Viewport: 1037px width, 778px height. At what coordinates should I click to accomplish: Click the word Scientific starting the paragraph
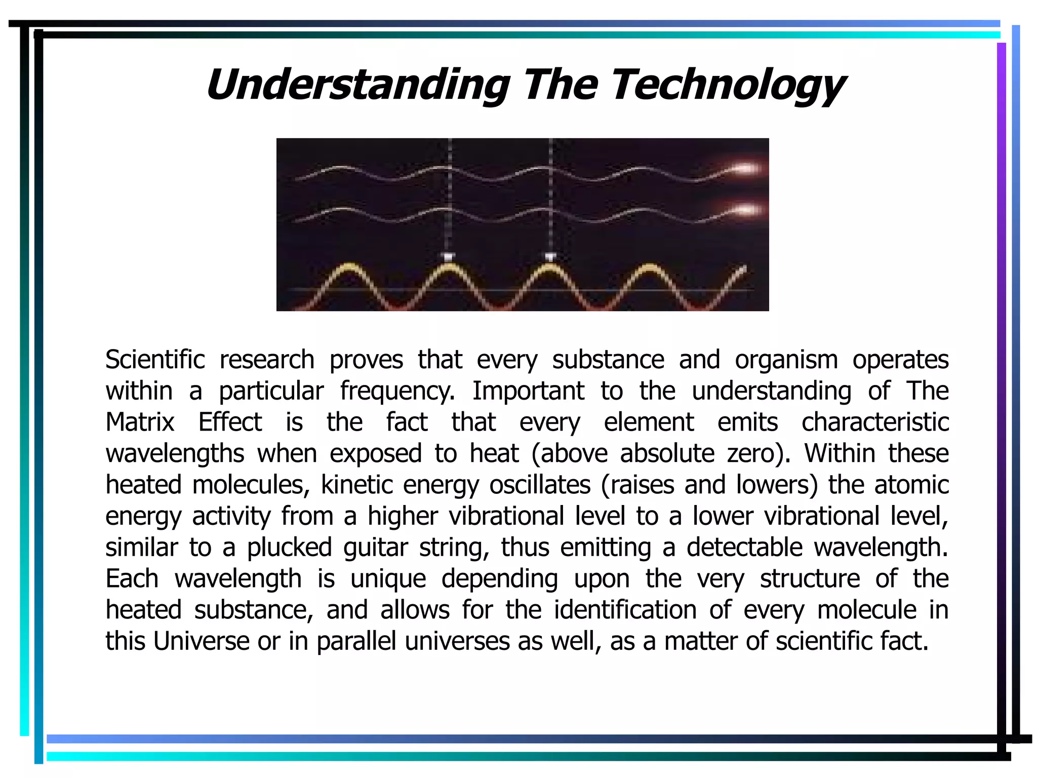tap(155, 360)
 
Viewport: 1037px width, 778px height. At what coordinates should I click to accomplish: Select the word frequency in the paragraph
tap(397, 392)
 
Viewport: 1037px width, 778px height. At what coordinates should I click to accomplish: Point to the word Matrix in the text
tap(140, 422)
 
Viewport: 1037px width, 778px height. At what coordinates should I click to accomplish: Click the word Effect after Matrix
tap(230, 422)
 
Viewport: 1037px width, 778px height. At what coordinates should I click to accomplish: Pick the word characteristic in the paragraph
tap(874, 422)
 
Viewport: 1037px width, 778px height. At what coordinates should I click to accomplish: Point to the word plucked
tap(289, 548)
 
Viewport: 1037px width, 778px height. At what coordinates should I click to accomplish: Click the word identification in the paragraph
tap(625, 610)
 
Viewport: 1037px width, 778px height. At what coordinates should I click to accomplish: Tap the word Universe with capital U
tap(201, 641)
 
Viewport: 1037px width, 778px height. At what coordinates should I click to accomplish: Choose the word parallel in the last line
tap(356, 641)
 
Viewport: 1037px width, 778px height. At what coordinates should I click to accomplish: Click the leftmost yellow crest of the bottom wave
tap(348, 268)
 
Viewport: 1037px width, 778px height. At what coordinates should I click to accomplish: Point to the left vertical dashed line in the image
tap(449, 203)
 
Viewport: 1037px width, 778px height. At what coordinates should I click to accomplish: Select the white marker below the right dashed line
tap(550, 257)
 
